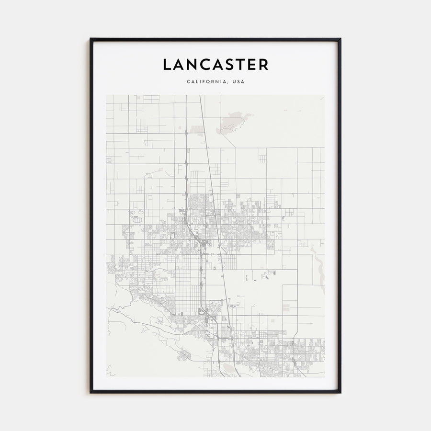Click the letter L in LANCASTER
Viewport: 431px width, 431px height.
pos(167,65)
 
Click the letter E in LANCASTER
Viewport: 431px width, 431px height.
pos(254,65)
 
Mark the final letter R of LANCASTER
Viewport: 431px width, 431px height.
pos(264,65)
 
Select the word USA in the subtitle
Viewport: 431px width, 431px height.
pos(238,82)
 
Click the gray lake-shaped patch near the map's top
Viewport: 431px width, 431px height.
pos(231,122)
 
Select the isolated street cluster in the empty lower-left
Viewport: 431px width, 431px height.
pos(184,355)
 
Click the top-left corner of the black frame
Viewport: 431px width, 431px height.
pos(91,39)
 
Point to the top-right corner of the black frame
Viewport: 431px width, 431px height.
pos(340,39)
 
